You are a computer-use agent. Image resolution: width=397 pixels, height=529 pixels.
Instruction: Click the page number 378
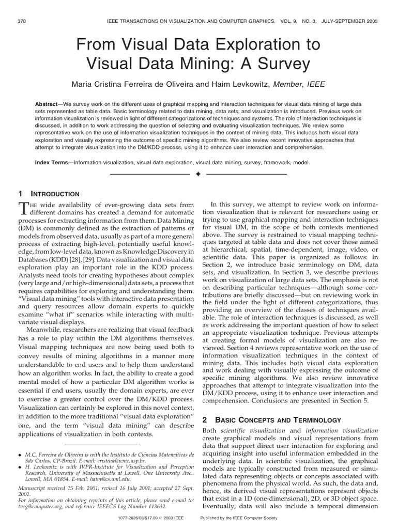coord(22,21)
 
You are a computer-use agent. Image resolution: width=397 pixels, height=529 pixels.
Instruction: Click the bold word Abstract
coord(47,104)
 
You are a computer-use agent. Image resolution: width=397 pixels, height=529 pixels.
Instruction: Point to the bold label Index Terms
coord(51,162)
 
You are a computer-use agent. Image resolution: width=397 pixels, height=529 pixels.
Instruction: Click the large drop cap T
coord(23,208)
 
